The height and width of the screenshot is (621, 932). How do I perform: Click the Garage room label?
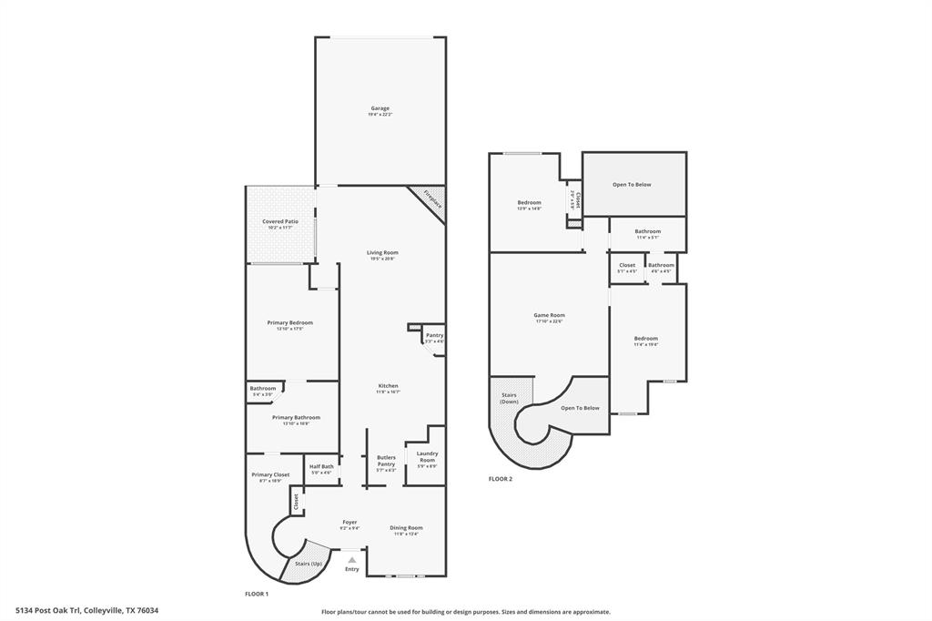point(380,108)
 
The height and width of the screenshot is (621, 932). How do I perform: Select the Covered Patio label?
point(280,221)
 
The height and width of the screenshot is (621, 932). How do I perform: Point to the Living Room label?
point(382,252)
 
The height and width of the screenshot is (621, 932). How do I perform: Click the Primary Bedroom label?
point(289,322)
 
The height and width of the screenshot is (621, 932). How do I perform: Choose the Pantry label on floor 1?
point(434,335)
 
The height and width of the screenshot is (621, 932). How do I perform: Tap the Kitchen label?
point(388,386)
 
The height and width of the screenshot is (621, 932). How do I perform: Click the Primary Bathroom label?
point(296,417)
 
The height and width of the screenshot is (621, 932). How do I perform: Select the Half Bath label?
point(321,467)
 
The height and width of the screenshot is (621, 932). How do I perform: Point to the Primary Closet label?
point(270,474)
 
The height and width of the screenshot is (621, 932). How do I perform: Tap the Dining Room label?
point(406,528)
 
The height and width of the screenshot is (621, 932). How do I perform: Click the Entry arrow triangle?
point(351,560)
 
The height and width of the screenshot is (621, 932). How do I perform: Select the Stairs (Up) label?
point(308,564)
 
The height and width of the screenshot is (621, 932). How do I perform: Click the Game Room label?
point(549,316)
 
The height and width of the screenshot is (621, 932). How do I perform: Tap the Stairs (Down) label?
point(508,399)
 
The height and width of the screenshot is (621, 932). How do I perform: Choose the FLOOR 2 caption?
point(500,479)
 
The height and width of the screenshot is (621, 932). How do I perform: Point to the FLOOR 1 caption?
point(257,594)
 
